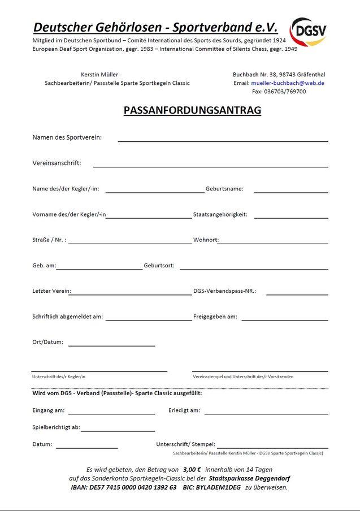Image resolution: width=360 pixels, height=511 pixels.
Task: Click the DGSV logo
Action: pyautogui.click(x=309, y=32)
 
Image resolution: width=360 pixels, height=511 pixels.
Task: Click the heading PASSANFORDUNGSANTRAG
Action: pyautogui.click(x=192, y=110)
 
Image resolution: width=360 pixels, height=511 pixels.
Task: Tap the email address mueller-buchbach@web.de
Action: pyautogui.click(x=287, y=83)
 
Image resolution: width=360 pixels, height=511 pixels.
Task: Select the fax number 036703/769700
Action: pyautogui.click(x=287, y=92)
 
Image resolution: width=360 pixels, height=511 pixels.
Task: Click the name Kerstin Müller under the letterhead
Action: pyautogui.click(x=100, y=75)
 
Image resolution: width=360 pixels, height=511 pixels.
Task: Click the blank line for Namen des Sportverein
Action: pyautogui.click(x=223, y=140)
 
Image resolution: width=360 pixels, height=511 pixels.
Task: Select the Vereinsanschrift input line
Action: pyautogui.click(x=210, y=166)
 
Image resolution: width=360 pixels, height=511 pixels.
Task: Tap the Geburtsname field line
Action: pyautogui.click(x=290, y=192)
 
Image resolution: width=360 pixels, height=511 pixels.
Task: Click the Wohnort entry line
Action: pyautogui.click(x=272, y=242)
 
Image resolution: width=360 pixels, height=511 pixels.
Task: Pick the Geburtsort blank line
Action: pyautogui.click(x=253, y=269)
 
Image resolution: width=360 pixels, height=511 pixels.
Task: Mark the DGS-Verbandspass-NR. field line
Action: pyautogui.click(x=297, y=294)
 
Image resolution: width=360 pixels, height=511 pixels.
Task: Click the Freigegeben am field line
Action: pyautogui.click(x=284, y=319)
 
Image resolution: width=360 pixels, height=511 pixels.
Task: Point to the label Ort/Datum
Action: pyautogui.click(x=48, y=342)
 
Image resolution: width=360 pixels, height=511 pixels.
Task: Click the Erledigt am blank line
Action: pyautogui.click(x=266, y=413)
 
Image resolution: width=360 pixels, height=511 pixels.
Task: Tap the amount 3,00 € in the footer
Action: pyautogui.click(x=192, y=470)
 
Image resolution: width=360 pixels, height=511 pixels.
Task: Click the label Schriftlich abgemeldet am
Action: pyautogui.click(x=68, y=317)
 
